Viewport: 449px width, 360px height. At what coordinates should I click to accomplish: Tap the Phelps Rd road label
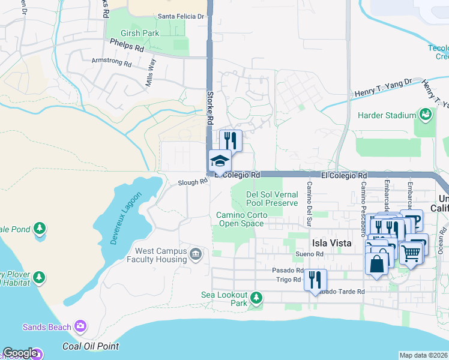[x=127, y=45]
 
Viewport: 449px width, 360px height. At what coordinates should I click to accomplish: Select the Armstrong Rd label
[x=111, y=61]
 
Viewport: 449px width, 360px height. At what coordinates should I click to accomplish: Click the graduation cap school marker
[x=220, y=161]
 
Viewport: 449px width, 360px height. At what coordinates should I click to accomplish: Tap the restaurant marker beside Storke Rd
[x=231, y=141]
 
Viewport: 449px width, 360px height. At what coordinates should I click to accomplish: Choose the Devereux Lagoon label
[x=126, y=218]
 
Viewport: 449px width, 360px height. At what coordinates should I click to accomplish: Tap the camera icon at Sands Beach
[x=80, y=327]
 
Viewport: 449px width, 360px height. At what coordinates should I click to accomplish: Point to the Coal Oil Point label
[x=91, y=346]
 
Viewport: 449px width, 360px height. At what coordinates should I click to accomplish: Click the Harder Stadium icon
[x=426, y=115]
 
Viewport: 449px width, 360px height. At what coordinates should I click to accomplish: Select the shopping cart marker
[x=411, y=253]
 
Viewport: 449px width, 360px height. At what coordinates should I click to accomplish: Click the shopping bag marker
[x=376, y=263]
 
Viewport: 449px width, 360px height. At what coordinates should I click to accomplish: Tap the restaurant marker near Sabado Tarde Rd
[x=315, y=280]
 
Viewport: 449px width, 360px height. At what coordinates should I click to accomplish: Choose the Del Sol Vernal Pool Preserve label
[x=272, y=199]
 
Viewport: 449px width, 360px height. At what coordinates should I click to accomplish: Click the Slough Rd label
[x=192, y=182]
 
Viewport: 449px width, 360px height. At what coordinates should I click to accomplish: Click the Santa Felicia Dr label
[x=180, y=17]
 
